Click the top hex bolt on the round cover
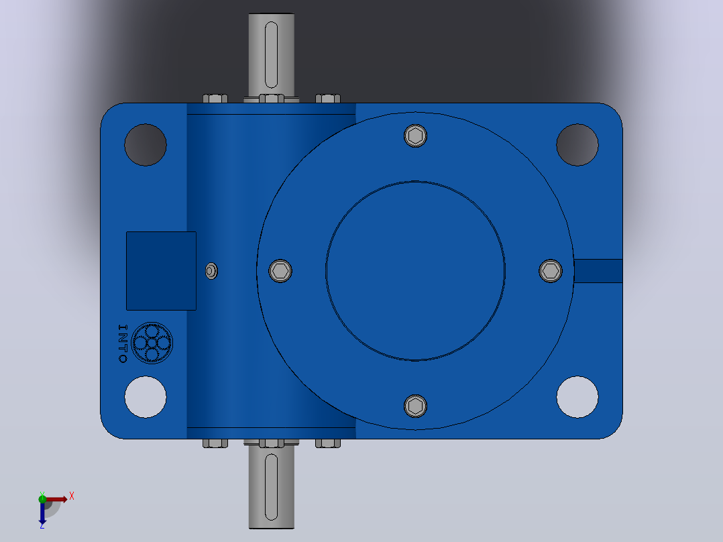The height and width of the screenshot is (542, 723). pyautogui.click(x=415, y=135)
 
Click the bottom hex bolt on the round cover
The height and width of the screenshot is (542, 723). pyautogui.click(x=415, y=406)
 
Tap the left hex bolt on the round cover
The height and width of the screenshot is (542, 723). pyautogui.click(x=280, y=271)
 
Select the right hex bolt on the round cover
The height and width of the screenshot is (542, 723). pyautogui.click(x=551, y=271)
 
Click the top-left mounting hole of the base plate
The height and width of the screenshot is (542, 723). pyautogui.click(x=146, y=145)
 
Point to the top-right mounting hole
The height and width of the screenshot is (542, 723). pyautogui.click(x=577, y=145)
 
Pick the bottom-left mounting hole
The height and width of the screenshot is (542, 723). pyautogui.click(x=146, y=397)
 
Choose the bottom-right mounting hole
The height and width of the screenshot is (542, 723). pyautogui.click(x=577, y=397)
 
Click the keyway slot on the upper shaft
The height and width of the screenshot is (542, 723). pyautogui.click(x=272, y=54)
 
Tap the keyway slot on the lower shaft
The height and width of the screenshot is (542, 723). pyautogui.click(x=272, y=487)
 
